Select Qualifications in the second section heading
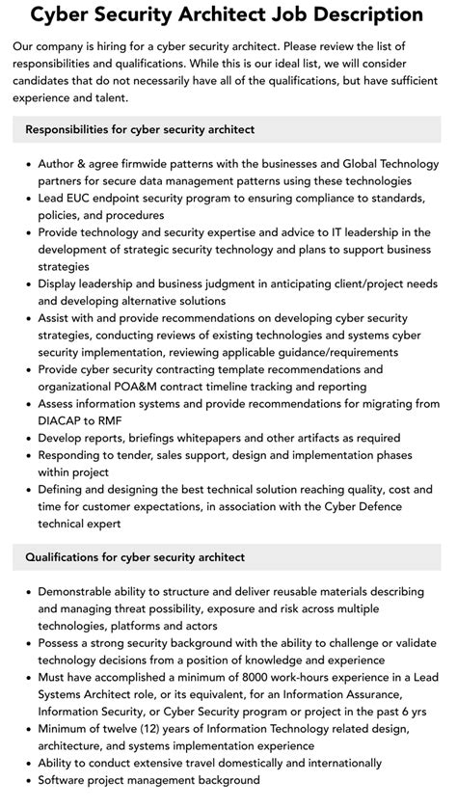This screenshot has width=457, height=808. pyautogui.click(x=67, y=556)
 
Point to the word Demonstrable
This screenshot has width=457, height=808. pyautogui.click(x=80, y=591)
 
